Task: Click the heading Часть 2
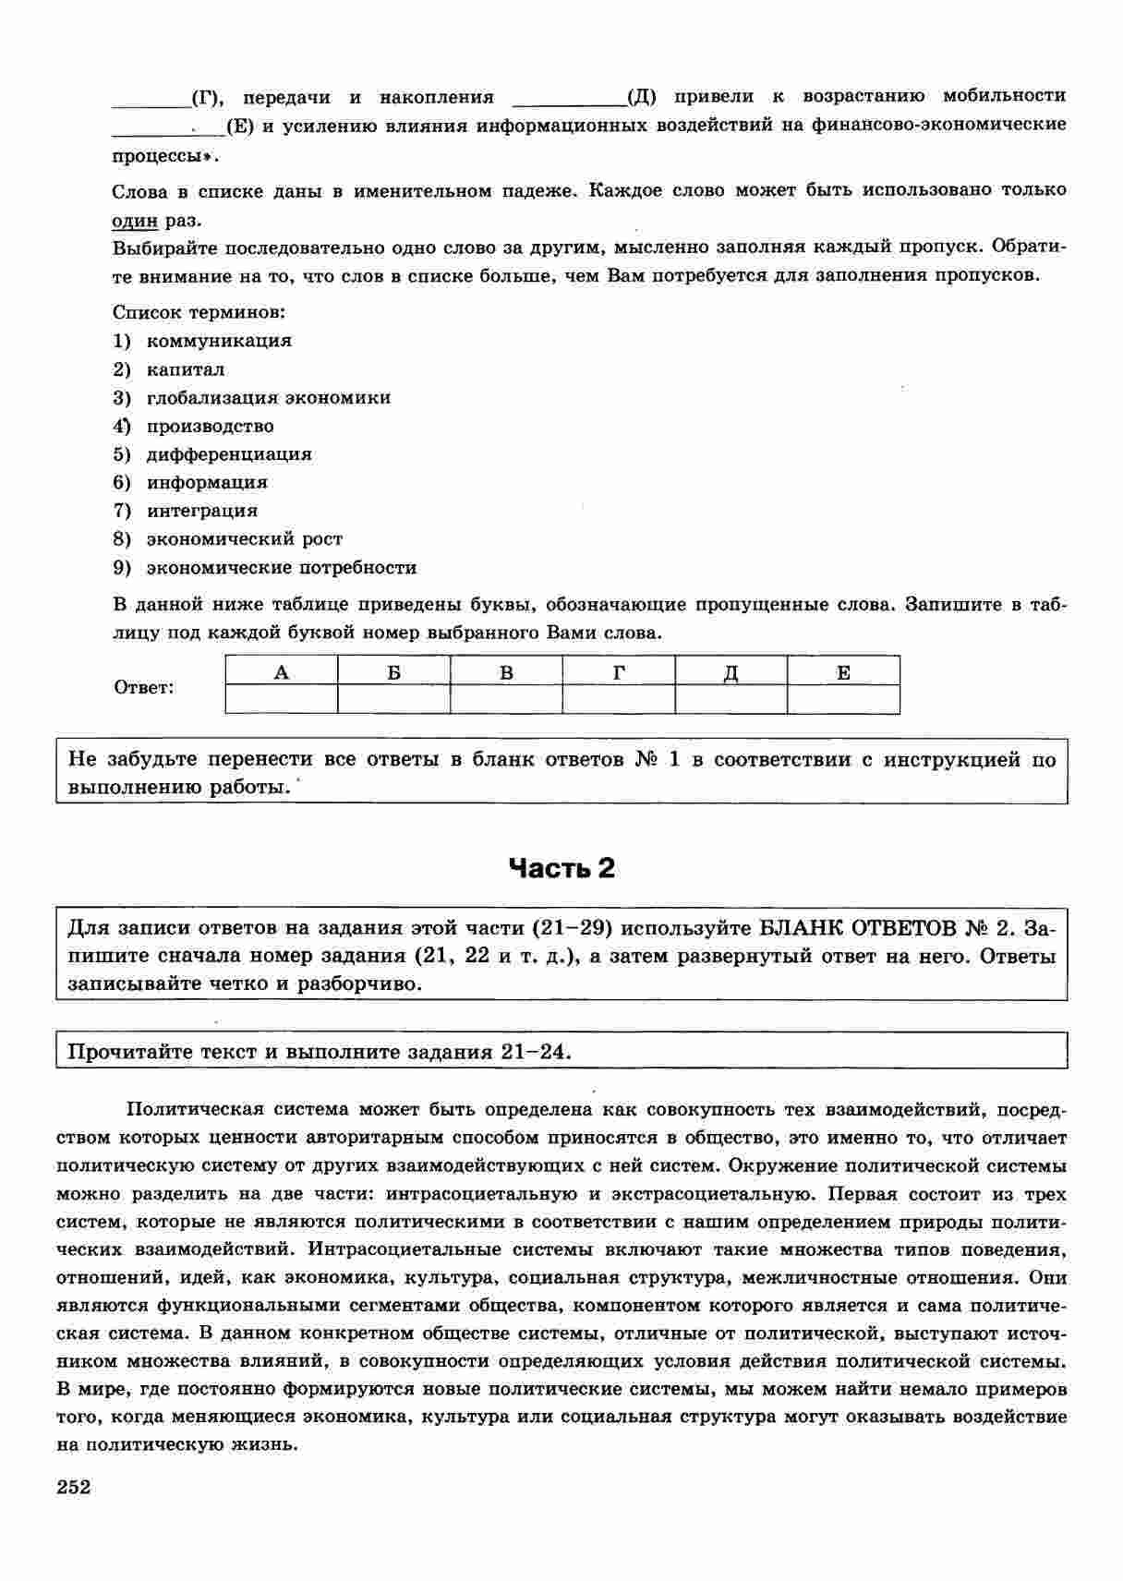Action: [x=561, y=869]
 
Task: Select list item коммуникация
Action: [x=219, y=341]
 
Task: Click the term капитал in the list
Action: [x=185, y=369]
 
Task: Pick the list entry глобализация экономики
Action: [x=268, y=398]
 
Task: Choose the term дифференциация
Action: [x=229, y=454]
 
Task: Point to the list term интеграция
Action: [x=202, y=511]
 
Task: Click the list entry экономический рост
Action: [x=244, y=539]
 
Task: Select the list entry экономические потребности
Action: [x=281, y=568]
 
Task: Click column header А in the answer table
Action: [x=282, y=672]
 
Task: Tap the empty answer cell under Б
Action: [x=394, y=699]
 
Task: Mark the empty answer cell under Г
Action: [x=619, y=699]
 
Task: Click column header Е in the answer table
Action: [x=843, y=672]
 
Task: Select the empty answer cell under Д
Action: [x=731, y=699]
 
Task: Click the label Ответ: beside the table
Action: [x=143, y=688]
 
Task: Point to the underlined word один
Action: [x=135, y=221]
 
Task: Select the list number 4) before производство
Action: [x=122, y=426]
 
